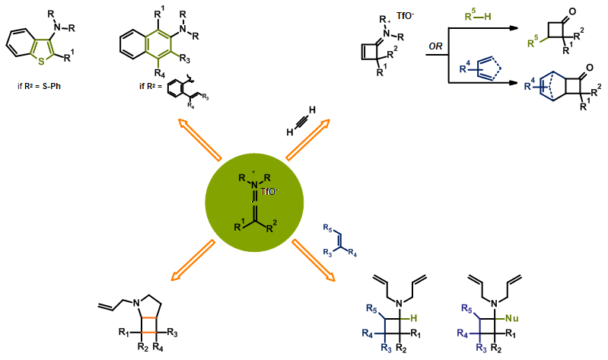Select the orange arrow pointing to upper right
(x=307, y=139)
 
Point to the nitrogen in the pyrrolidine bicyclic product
(x=134, y=304)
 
